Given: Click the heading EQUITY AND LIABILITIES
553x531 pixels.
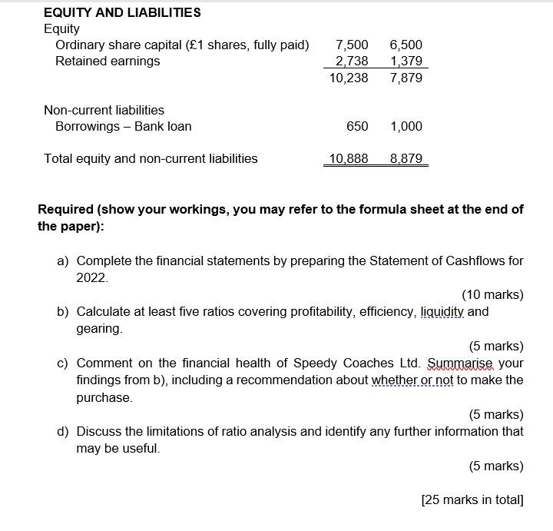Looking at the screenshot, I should coord(122,12).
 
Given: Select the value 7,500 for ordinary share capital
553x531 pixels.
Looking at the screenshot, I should coord(352,45).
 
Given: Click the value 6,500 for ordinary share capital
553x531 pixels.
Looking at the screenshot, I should coord(406,45).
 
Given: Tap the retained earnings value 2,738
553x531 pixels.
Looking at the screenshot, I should coord(352,61).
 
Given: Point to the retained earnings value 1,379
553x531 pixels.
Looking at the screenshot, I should coord(406,61).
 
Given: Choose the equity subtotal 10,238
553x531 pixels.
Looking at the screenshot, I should coord(349,78).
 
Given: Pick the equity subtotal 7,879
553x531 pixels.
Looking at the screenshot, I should coord(406,78).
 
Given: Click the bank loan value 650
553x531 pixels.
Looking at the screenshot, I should coord(357,126).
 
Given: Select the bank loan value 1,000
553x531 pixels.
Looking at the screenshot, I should coord(406,126).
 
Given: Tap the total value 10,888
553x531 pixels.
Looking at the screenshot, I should coord(349,158).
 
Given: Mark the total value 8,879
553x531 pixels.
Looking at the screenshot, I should coord(406,158).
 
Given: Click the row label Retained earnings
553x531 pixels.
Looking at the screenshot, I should coord(108,61).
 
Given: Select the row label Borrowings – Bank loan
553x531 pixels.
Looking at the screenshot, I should coord(123,126).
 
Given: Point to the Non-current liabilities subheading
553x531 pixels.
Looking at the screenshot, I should coord(104,110).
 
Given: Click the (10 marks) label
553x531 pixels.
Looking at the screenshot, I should coord(492,294).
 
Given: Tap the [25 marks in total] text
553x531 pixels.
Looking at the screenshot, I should coord(472,500).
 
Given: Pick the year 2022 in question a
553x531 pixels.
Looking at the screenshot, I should coord(92,277).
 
